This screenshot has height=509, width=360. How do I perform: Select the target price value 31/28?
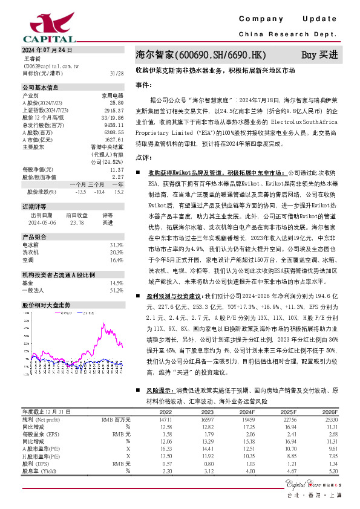click(117, 73)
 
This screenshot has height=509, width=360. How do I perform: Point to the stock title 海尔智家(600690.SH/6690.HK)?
click(201, 55)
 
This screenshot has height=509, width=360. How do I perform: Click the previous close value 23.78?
click(76, 222)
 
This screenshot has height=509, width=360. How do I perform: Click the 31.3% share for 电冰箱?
click(117, 244)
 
